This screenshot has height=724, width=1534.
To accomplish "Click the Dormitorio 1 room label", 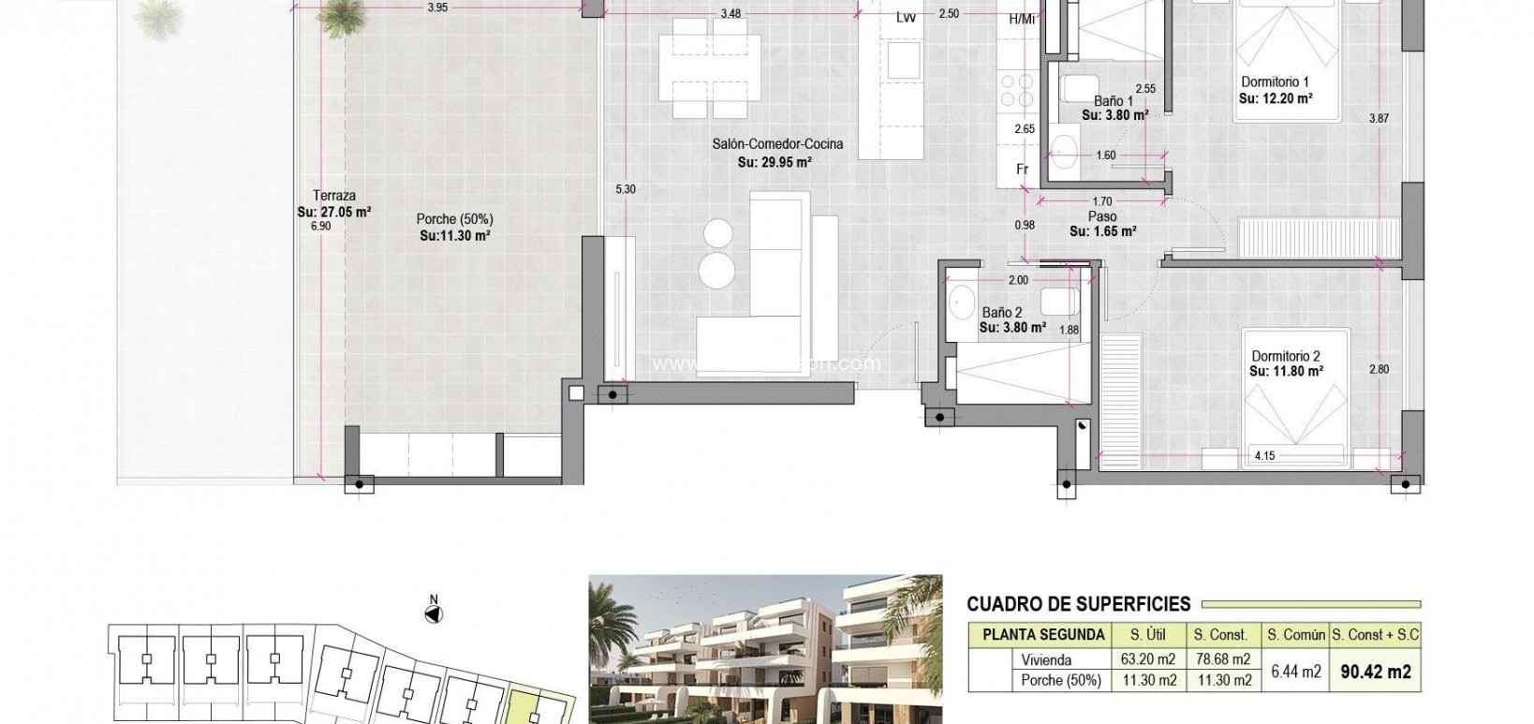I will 1275,81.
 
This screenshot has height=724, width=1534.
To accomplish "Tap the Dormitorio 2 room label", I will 1286,356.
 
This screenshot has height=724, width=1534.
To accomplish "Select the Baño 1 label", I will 1114,101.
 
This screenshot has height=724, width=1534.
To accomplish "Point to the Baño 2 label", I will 1001,313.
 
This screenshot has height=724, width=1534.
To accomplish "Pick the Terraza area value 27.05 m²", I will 334,212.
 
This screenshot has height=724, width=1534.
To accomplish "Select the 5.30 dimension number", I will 625,189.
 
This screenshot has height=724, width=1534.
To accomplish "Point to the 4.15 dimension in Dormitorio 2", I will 1264,456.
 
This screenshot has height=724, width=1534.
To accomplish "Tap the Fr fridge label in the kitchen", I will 1023,170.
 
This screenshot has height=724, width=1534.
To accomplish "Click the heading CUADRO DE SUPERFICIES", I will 1078,604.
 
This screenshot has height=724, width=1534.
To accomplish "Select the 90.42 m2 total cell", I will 1375,671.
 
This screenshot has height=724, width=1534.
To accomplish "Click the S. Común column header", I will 1296,634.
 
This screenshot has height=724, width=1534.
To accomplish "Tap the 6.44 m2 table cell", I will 1295,671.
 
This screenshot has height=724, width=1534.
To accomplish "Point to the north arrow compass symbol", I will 434,614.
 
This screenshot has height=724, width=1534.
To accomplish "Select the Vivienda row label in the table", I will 1046,659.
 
